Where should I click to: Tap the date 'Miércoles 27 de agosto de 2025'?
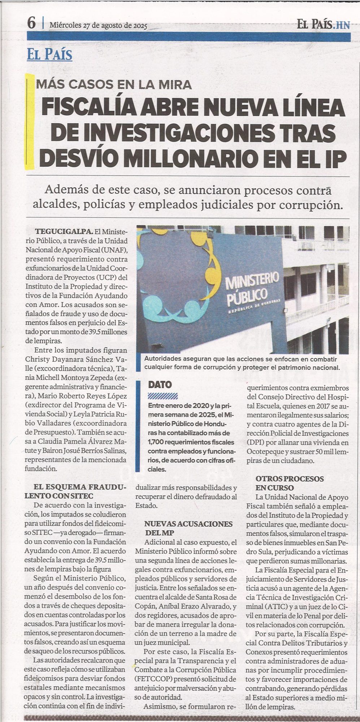98,25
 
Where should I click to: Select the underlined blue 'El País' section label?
49,55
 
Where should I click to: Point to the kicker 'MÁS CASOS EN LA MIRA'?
114,84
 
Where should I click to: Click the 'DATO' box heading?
160,385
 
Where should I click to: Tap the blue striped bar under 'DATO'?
163,396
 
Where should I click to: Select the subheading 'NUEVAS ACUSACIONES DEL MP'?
188,528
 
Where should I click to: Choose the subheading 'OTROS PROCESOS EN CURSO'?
290,483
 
